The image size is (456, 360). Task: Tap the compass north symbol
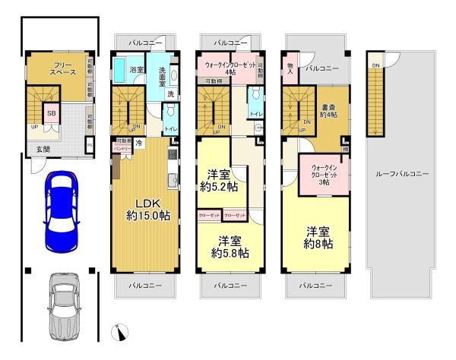[x=122, y=331]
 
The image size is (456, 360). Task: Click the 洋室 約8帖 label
[x=318, y=238]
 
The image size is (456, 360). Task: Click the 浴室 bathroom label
[x=137, y=70]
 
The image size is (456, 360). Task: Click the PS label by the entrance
[x=90, y=146]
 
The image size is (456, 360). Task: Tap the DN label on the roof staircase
[x=375, y=65]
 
